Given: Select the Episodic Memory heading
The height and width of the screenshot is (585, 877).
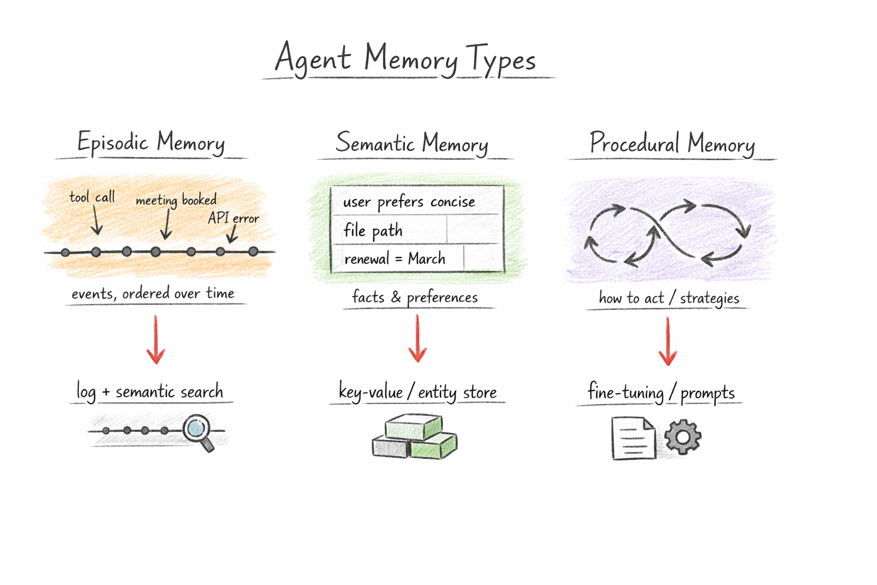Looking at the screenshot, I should (x=151, y=142).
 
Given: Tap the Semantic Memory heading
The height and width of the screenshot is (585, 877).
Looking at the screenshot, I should (x=412, y=143).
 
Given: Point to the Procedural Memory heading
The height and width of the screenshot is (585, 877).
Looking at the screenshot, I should (x=672, y=143).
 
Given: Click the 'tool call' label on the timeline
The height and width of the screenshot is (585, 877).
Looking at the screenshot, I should (x=92, y=197).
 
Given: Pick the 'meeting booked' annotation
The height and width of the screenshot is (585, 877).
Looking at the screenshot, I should (x=176, y=200).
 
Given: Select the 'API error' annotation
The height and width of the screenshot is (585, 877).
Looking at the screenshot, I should (x=233, y=218).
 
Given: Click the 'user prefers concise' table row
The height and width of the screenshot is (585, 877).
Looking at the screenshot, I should (x=409, y=202).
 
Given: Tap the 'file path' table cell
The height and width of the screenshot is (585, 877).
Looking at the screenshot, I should (x=373, y=230).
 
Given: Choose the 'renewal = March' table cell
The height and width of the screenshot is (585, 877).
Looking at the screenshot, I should (x=395, y=259).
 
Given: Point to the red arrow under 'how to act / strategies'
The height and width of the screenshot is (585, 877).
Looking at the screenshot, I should (x=667, y=342).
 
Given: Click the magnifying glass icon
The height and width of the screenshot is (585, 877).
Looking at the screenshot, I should (x=198, y=431).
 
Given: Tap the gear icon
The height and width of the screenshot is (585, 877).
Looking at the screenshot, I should (x=682, y=437).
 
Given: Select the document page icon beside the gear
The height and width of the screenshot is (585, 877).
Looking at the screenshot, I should (x=633, y=438).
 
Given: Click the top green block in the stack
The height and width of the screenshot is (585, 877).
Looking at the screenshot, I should (x=413, y=426).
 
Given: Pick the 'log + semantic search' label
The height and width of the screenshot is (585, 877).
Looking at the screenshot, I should (x=150, y=392).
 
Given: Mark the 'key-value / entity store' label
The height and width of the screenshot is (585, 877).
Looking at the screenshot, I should (x=417, y=392).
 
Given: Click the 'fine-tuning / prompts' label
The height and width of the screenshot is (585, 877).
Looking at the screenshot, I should (x=661, y=393).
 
